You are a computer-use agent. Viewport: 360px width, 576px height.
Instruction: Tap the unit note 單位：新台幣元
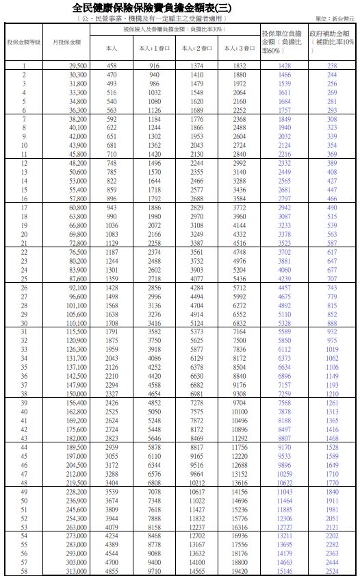coord(333,18)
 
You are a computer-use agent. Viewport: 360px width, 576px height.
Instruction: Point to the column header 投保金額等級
coord(24,42)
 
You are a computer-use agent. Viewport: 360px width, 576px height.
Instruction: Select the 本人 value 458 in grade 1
coord(112,65)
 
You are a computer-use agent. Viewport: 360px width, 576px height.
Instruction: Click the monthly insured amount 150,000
coord(77,394)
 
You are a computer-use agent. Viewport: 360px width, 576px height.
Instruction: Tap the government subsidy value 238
coord(332,65)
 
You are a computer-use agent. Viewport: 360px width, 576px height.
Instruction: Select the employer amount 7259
coord(284,394)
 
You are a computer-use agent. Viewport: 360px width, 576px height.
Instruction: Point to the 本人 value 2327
coord(112,394)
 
